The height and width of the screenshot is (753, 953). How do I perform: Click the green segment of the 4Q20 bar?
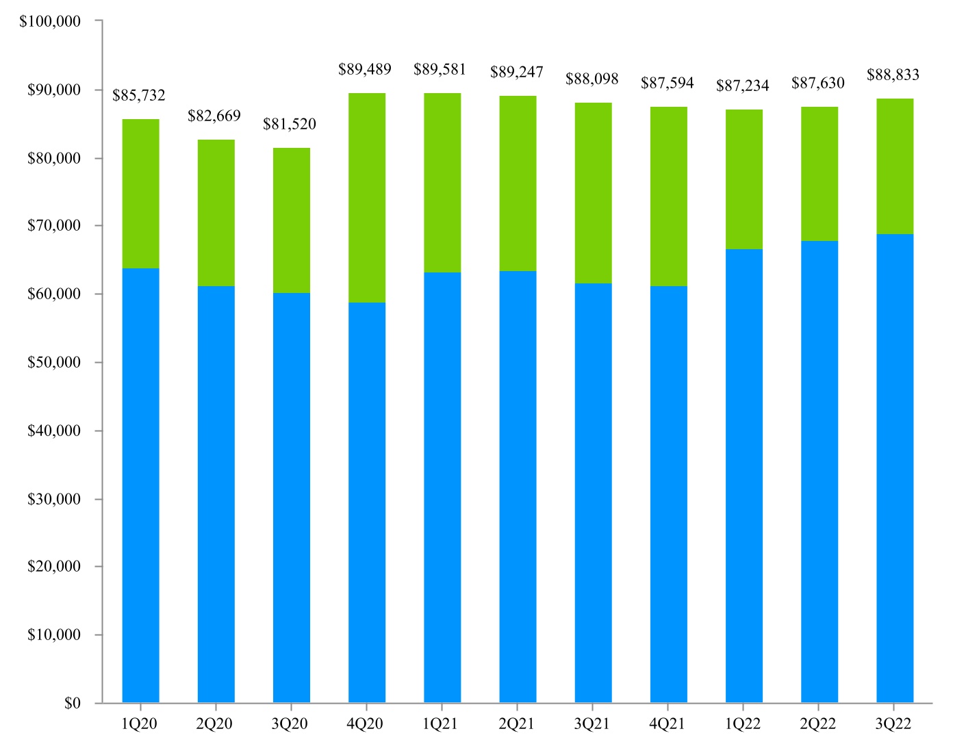click(x=367, y=198)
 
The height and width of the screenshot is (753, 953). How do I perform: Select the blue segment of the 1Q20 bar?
click(x=141, y=485)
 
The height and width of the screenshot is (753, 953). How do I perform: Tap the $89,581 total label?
click(x=440, y=70)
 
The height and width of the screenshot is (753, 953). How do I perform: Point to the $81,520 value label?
click(x=290, y=124)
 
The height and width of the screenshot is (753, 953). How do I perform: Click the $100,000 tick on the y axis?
click(x=49, y=21)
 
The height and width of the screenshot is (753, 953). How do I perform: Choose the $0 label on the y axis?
click(x=72, y=703)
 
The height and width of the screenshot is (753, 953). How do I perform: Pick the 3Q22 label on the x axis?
click(x=893, y=724)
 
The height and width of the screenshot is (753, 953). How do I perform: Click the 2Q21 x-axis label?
click(x=516, y=724)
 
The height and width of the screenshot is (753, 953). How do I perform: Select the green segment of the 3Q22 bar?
click(x=895, y=166)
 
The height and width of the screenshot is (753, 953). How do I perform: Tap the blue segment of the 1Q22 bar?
click(x=744, y=476)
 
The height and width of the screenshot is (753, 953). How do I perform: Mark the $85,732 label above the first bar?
click(x=138, y=95)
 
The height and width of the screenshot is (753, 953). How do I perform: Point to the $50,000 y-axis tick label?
click(x=54, y=362)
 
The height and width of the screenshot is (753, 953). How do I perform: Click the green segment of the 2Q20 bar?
click(x=216, y=213)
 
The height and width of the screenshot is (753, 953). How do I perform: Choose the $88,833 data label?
click(x=893, y=75)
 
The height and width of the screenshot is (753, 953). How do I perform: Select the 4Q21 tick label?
click(x=667, y=724)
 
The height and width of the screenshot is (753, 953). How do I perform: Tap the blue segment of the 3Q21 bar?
click(x=594, y=493)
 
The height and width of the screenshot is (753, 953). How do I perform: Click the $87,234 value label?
click(x=743, y=86)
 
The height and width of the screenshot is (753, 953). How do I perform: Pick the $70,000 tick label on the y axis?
click(x=54, y=225)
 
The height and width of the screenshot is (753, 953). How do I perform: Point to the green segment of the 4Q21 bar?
click(x=669, y=196)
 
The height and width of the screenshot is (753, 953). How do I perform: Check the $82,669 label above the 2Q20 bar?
click(x=214, y=116)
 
